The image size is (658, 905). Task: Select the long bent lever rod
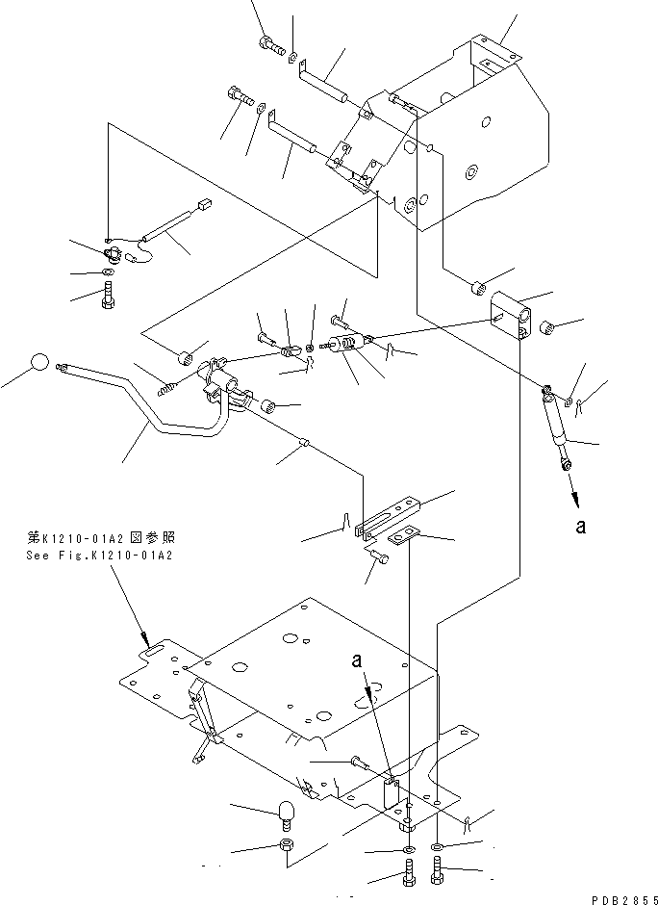click(x=144, y=404)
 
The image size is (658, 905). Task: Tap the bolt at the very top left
click(x=268, y=42)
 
